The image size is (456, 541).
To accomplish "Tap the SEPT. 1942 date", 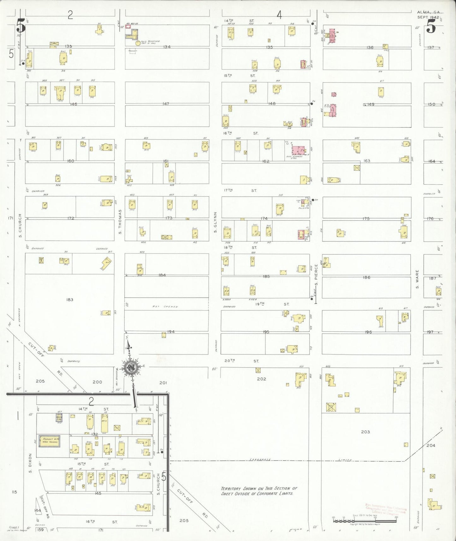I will (428, 17).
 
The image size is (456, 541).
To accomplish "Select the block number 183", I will (70, 300).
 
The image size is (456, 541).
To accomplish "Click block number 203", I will (365, 432).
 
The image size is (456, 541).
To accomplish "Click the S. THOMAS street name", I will (120, 222).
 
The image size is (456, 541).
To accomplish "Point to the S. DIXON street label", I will (31, 463).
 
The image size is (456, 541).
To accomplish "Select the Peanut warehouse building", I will (50, 441).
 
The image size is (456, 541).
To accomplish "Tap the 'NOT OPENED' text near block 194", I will (165, 306).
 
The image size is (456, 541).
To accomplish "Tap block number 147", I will (166, 104).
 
